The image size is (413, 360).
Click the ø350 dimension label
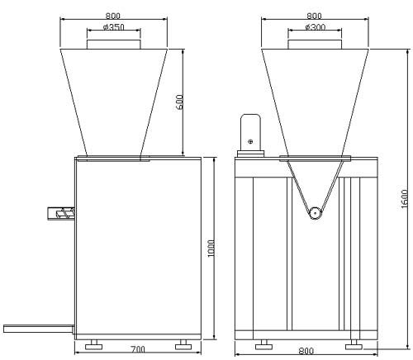[114, 27]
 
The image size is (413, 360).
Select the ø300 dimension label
[316, 27]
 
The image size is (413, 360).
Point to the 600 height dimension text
[179, 102]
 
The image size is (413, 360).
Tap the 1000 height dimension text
[211, 249]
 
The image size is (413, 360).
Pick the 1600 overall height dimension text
[404, 199]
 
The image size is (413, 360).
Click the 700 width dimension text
[138, 349]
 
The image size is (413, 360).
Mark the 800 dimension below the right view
[306, 351]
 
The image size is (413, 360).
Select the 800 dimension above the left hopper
[113, 16]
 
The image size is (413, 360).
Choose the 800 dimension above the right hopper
[314, 16]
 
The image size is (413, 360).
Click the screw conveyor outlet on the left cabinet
[61, 213]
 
